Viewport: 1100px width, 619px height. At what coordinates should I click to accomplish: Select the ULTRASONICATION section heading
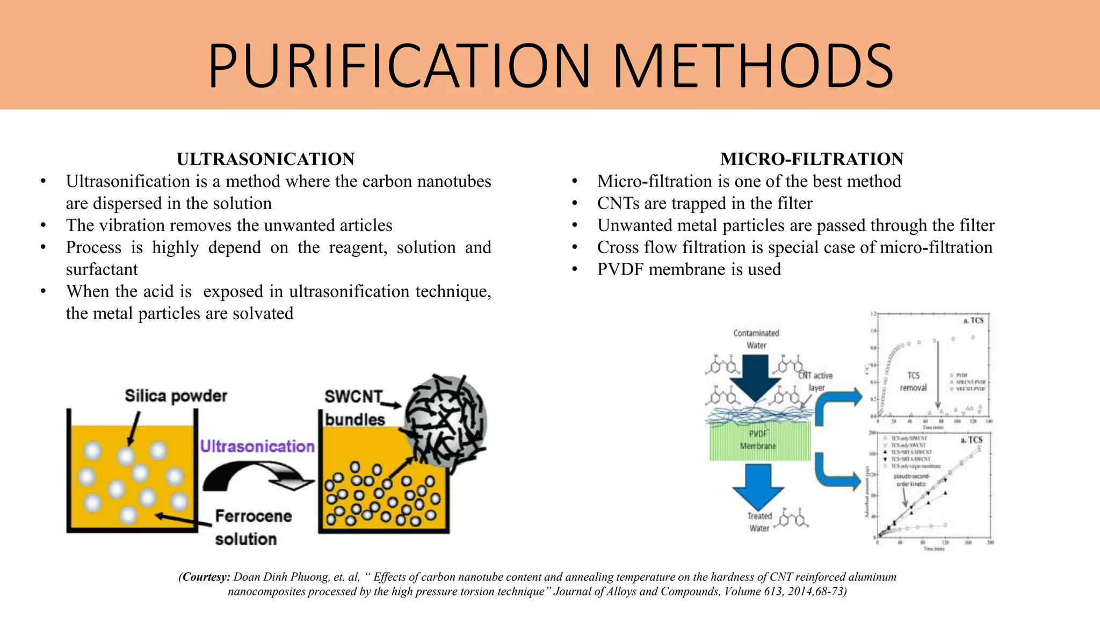pos(265,159)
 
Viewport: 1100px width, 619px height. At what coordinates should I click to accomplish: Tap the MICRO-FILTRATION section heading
pos(812,159)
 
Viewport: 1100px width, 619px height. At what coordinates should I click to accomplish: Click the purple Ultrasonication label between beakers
pos(257,446)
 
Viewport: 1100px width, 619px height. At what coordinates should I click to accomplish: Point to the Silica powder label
pos(176,396)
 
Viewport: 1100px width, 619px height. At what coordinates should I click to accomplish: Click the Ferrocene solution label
pos(252,527)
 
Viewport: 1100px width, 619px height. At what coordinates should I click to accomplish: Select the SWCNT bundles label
pos(354,408)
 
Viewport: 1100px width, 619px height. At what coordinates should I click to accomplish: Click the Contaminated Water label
pos(756,339)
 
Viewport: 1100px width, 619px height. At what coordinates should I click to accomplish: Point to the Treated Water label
pos(759,522)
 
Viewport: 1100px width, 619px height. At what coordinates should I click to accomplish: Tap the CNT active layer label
pos(816,382)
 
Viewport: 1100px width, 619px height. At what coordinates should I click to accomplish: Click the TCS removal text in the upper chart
pos(913,382)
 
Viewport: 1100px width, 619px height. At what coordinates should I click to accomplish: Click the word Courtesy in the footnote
pos(206,577)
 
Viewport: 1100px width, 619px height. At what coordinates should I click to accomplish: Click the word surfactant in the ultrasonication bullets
pos(102,269)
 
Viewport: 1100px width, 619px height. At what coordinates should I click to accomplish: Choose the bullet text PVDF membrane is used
pos(689,269)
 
